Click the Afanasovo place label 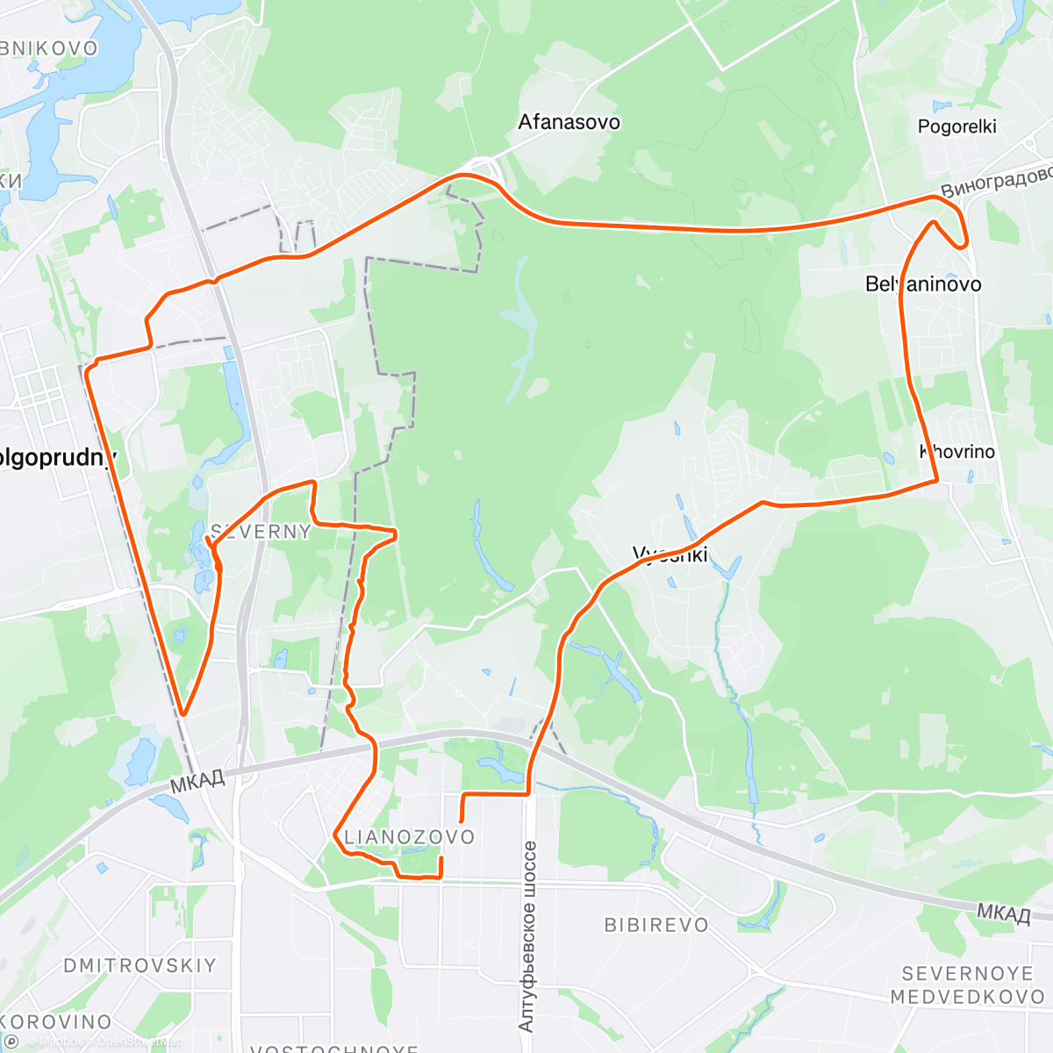click(569, 122)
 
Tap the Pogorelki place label click(956, 126)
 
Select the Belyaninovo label click(923, 283)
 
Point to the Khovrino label click(957, 452)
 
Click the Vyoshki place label click(670, 555)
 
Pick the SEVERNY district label click(261, 532)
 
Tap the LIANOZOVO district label click(409, 837)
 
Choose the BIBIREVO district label click(656, 925)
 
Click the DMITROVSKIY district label click(140, 965)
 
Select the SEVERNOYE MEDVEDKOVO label click(967, 985)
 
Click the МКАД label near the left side click(197, 780)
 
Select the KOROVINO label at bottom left click(56, 1022)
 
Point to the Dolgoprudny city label click(58, 458)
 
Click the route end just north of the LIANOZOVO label click(462, 821)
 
